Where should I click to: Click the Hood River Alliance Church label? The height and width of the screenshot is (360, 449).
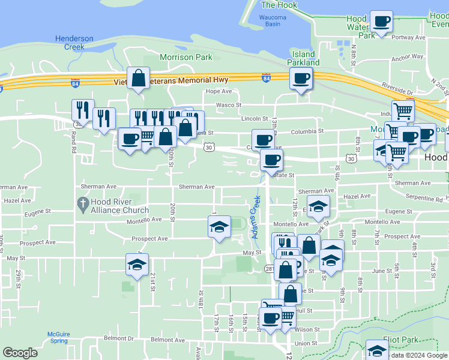point(119,206)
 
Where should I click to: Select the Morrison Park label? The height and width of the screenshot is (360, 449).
point(186,57)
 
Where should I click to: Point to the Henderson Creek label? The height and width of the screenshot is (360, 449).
point(74,43)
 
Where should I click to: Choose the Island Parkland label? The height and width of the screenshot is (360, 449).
point(303,58)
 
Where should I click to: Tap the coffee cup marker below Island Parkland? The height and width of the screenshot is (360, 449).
point(301,78)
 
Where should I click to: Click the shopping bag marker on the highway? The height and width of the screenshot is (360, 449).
point(138,78)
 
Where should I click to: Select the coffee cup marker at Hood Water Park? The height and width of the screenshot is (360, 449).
point(381,22)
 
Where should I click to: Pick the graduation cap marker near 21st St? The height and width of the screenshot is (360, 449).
point(137,265)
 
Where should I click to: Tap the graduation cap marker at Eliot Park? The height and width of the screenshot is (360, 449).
point(377,350)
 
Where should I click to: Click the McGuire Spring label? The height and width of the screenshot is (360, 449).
point(59,337)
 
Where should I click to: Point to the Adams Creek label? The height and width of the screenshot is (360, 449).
point(256,217)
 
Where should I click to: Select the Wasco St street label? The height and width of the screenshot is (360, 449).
point(229,104)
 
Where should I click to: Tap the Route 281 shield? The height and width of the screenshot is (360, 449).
point(270,269)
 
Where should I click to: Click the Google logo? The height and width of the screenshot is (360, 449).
point(20,353)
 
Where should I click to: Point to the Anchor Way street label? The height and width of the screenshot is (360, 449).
point(407,58)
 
